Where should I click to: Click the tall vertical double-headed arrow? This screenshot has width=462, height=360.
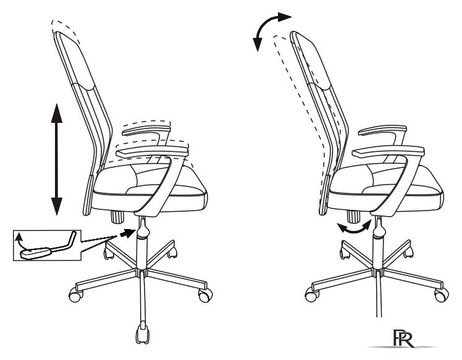click(56, 159)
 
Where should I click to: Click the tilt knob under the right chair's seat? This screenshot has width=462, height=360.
click(353, 217)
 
